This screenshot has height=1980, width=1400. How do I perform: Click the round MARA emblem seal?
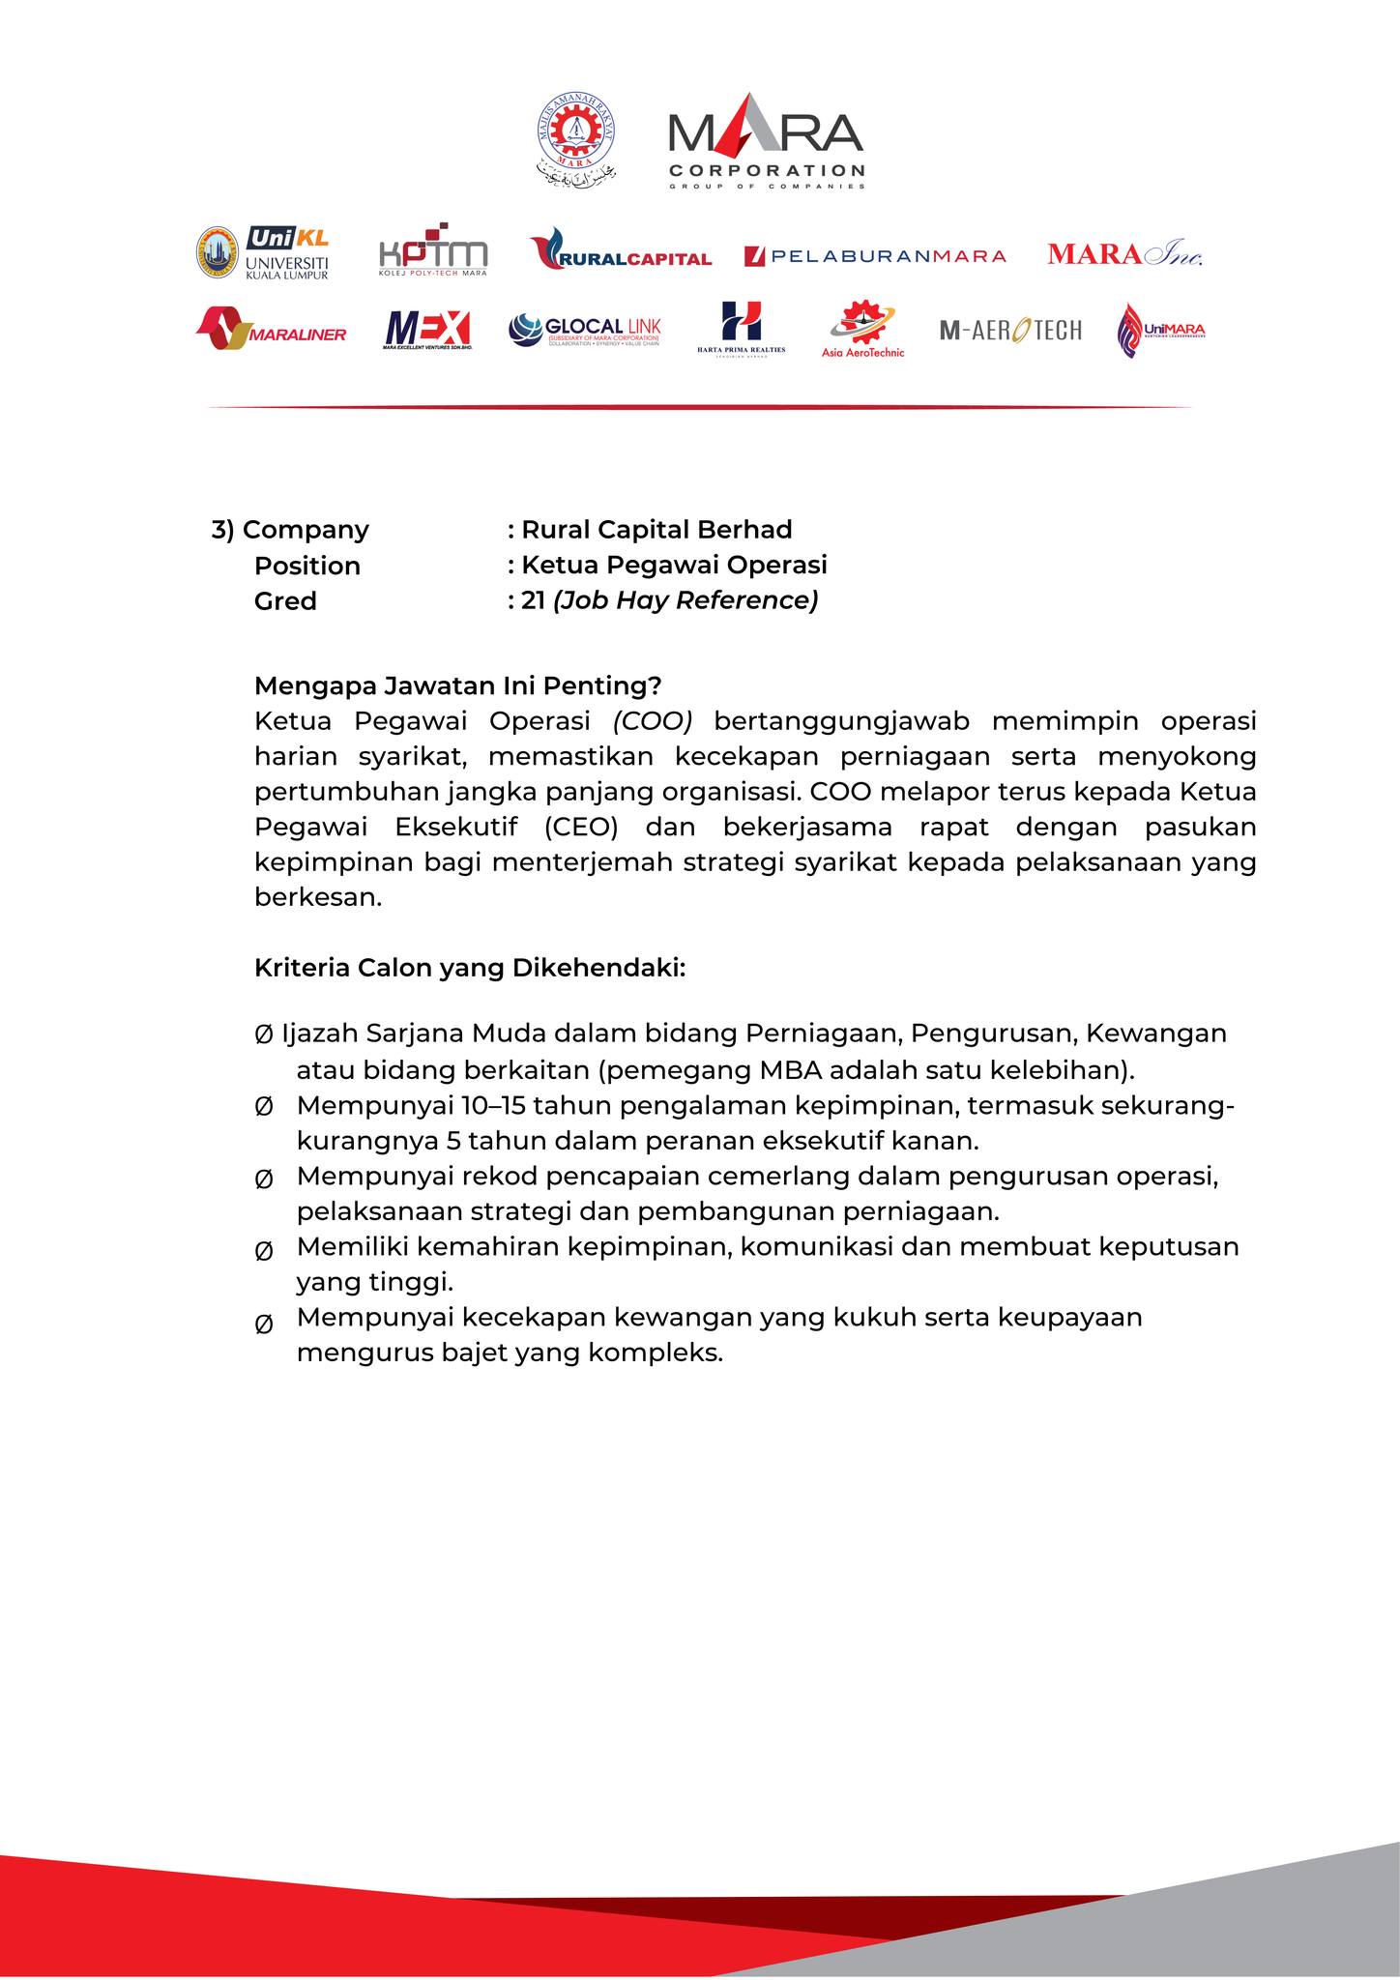click(576, 137)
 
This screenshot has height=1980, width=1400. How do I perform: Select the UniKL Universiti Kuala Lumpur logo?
click(263, 253)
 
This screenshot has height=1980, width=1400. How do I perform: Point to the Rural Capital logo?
click(621, 253)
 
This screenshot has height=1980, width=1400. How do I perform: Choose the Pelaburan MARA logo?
click(875, 256)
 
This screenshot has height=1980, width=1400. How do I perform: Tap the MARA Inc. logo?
click(1124, 254)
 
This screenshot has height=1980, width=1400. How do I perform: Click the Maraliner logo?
click(271, 330)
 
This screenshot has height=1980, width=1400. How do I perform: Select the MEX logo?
click(427, 330)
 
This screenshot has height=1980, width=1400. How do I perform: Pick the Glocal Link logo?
click(585, 330)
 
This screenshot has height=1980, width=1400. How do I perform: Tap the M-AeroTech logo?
click(1010, 331)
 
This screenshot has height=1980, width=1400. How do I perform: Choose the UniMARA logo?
click(1160, 331)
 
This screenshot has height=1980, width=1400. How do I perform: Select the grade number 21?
click(533, 601)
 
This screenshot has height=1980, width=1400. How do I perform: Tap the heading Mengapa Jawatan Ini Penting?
click(457, 686)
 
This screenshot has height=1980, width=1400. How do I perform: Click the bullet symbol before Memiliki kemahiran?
click(263, 1251)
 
